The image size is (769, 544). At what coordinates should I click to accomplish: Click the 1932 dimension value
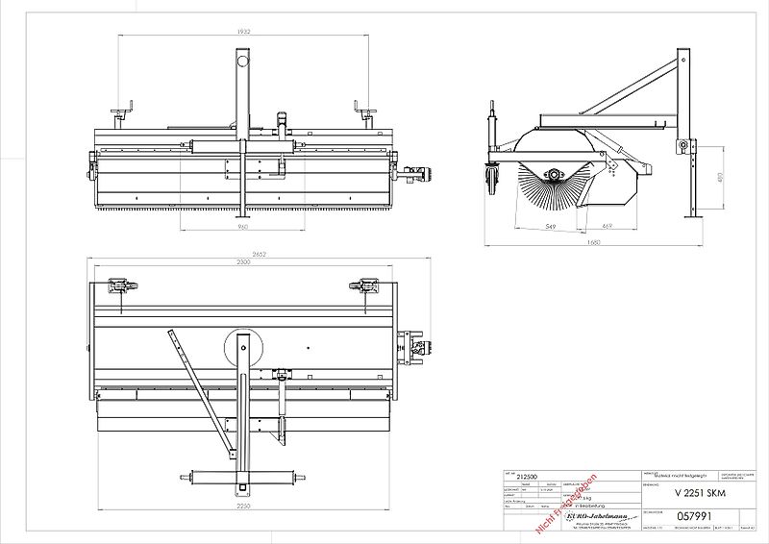tap(243, 32)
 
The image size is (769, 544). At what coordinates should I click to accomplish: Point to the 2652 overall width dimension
tap(243, 255)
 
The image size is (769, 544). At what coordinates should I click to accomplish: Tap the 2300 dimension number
tap(243, 262)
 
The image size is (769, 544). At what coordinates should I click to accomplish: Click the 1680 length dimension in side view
tap(593, 242)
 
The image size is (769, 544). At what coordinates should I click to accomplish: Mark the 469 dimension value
tap(593, 227)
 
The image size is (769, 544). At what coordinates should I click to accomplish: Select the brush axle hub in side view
tap(555, 173)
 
